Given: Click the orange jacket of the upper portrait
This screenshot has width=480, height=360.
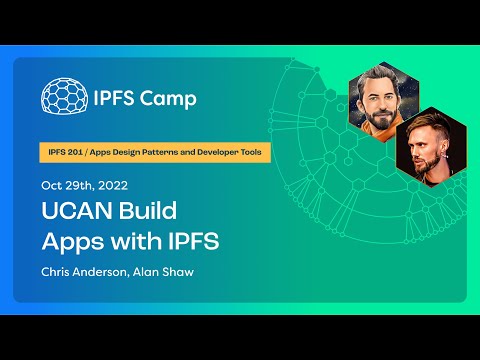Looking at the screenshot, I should [x=376, y=128].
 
